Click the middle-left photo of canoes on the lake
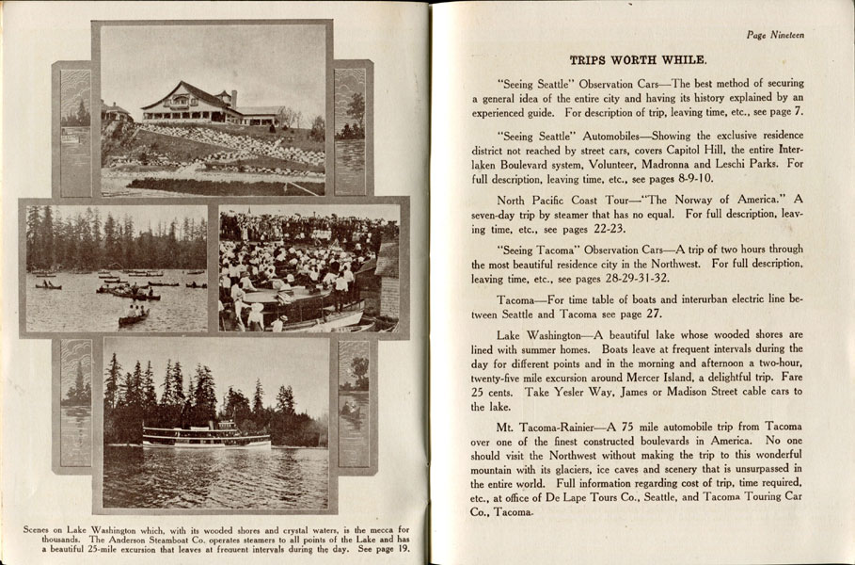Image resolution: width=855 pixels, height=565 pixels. [x=117, y=268]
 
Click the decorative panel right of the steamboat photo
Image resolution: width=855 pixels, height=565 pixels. [x=354, y=403]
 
